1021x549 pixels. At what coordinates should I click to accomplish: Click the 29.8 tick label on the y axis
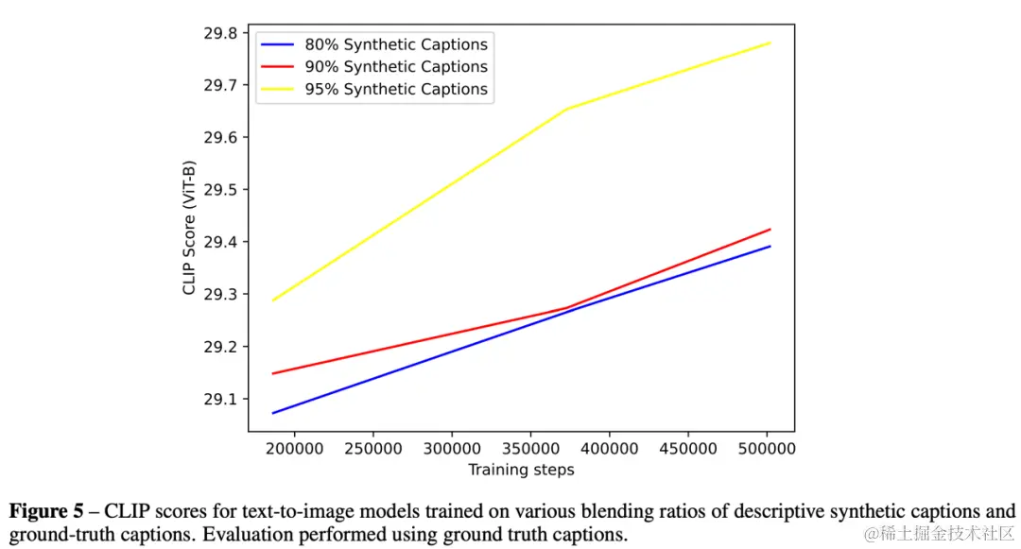point(221,33)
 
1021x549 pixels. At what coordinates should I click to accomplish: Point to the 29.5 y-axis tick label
point(221,190)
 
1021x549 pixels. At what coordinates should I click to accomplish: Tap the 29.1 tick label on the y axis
point(221,399)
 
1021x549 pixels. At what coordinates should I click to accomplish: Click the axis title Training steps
point(521,469)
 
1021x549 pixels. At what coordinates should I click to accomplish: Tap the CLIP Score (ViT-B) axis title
point(189,226)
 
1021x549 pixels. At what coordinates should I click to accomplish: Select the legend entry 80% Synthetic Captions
point(395,44)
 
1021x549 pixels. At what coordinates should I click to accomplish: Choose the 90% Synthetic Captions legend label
point(395,67)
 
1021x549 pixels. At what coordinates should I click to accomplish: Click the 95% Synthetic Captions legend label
point(395,90)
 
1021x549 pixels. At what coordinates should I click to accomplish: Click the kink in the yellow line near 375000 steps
point(566,109)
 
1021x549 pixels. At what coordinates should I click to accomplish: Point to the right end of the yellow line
point(770,43)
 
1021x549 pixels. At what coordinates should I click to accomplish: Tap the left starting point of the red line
point(272,373)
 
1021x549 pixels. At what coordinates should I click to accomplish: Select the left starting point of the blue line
point(272,413)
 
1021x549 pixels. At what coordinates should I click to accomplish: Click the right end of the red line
point(770,230)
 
